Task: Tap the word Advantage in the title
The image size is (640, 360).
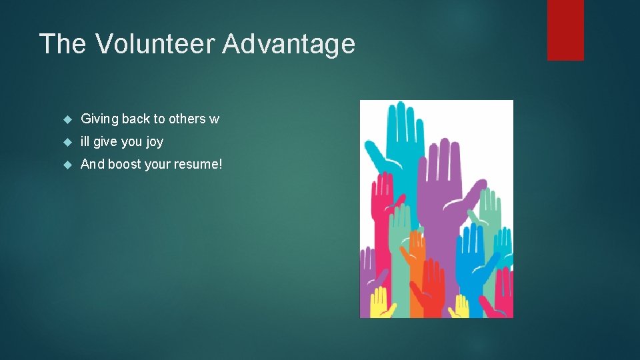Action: click(289, 44)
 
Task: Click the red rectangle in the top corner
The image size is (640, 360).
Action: click(565, 30)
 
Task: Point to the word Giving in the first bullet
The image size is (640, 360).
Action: click(99, 119)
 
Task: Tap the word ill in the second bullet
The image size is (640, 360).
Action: click(85, 141)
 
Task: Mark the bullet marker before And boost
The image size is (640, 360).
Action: click(67, 165)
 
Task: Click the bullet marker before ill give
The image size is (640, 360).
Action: click(67, 142)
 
